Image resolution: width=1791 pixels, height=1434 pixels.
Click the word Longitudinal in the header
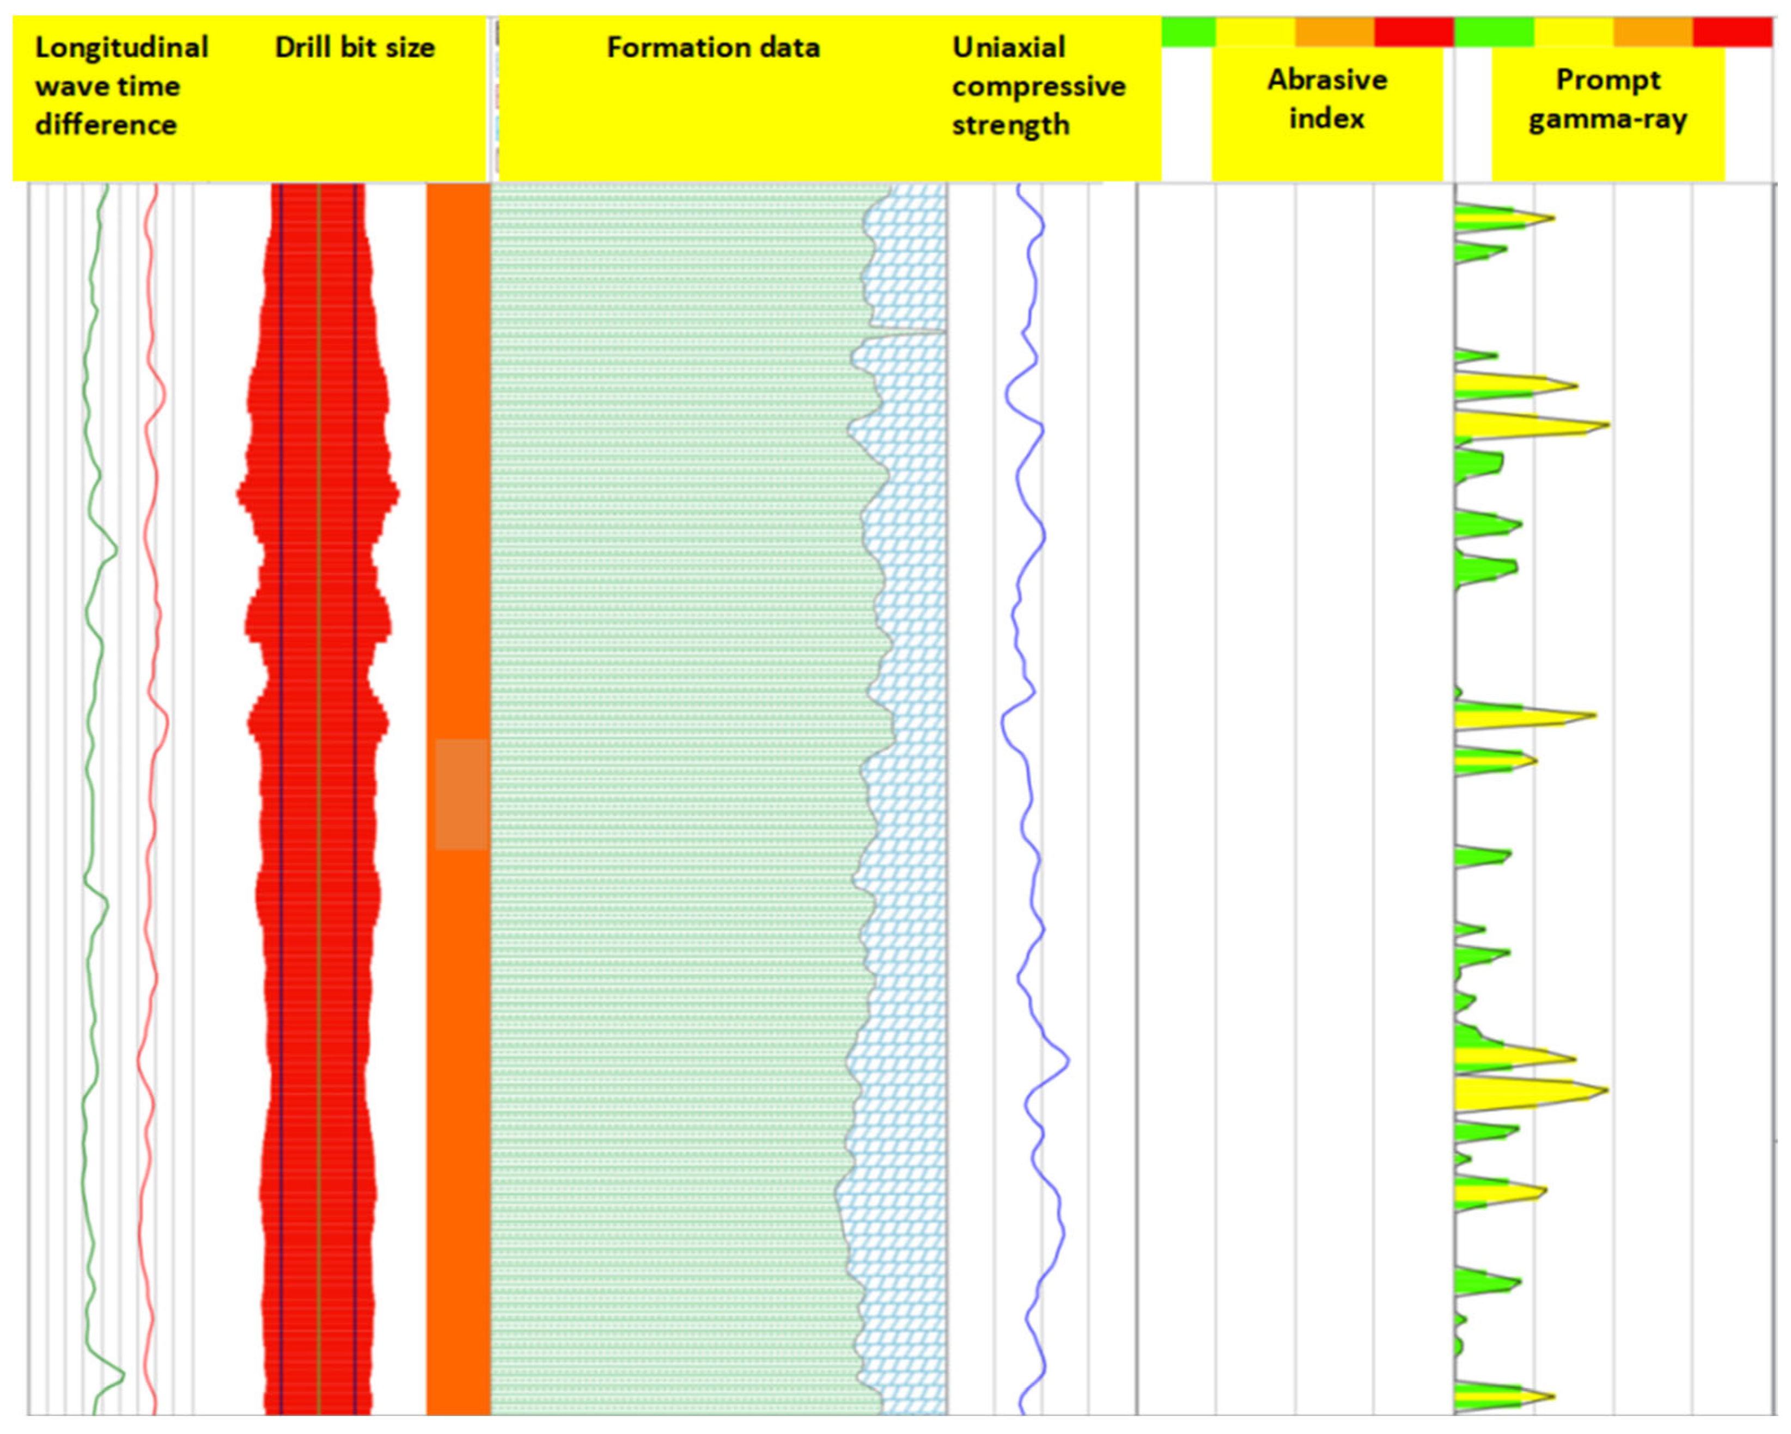(121, 47)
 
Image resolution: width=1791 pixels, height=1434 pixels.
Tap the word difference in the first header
(106, 125)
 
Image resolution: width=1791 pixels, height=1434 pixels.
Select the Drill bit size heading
(355, 47)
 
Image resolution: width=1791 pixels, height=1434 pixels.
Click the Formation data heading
(712, 47)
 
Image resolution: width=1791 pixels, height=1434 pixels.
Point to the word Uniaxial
(1008, 47)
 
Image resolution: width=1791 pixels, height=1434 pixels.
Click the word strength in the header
(1010, 125)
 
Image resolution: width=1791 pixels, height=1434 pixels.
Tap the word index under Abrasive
(1326, 118)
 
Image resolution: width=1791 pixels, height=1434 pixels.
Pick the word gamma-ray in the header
(1607, 120)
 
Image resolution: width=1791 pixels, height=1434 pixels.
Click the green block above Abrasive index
(1188, 32)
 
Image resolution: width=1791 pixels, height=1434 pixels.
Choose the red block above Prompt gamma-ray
(1732, 32)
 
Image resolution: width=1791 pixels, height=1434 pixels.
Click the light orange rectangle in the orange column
(461, 795)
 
